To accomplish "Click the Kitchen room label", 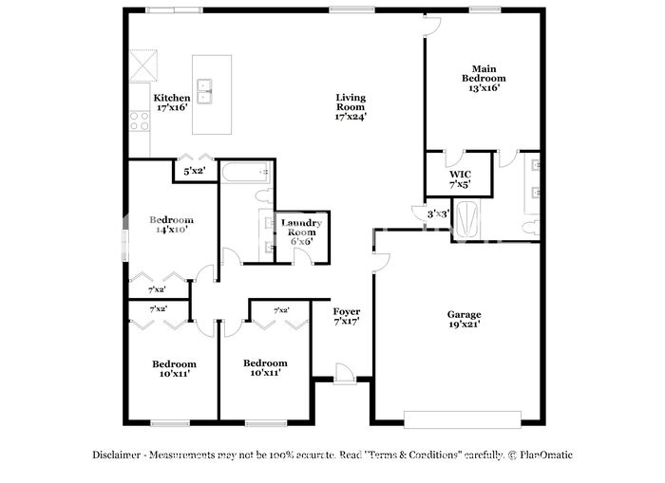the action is coord(172,98).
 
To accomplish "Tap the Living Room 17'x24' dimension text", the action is coord(351,117).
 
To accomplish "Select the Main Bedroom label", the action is coord(484,73).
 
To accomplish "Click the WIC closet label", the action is coord(460,175).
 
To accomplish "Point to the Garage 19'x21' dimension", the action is coord(465,325).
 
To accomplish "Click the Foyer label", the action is coord(347,312).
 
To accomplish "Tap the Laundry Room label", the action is coord(301,228).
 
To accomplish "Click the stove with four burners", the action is coord(140,121).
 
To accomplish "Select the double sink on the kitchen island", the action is coord(204,91).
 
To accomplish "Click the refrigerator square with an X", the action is coord(142,65).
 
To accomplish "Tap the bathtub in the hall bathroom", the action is coord(245,173).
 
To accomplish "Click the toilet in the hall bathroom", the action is coord(266,196).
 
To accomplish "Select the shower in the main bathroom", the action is coord(467,219).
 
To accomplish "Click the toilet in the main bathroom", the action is coord(531,228).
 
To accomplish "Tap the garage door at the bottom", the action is coord(463,419).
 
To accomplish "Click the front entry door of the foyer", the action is coord(344,375).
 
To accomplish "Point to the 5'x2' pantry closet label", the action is coord(194,171).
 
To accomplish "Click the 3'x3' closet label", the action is coord(438,214).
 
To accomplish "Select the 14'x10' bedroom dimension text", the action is coord(172,230).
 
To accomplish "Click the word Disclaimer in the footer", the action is coord(116,455).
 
